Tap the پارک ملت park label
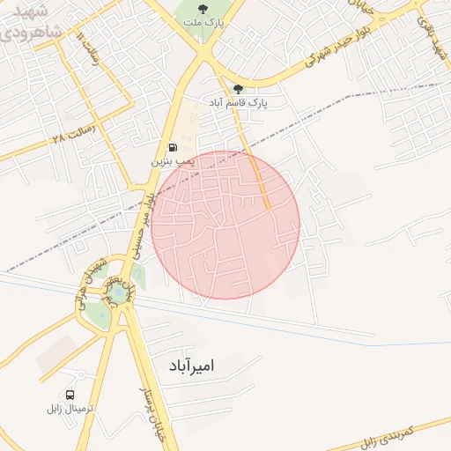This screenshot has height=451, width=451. (x=203, y=24)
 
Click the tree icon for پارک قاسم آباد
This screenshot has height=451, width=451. (x=238, y=88)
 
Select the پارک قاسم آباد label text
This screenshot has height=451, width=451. (x=238, y=103)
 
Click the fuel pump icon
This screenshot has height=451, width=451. (x=171, y=147)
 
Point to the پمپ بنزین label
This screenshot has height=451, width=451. (x=171, y=162)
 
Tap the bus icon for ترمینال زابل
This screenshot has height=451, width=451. (x=70, y=395)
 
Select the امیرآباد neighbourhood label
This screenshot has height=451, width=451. (x=190, y=364)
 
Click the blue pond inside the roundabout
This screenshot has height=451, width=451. (x=115, y=290)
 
